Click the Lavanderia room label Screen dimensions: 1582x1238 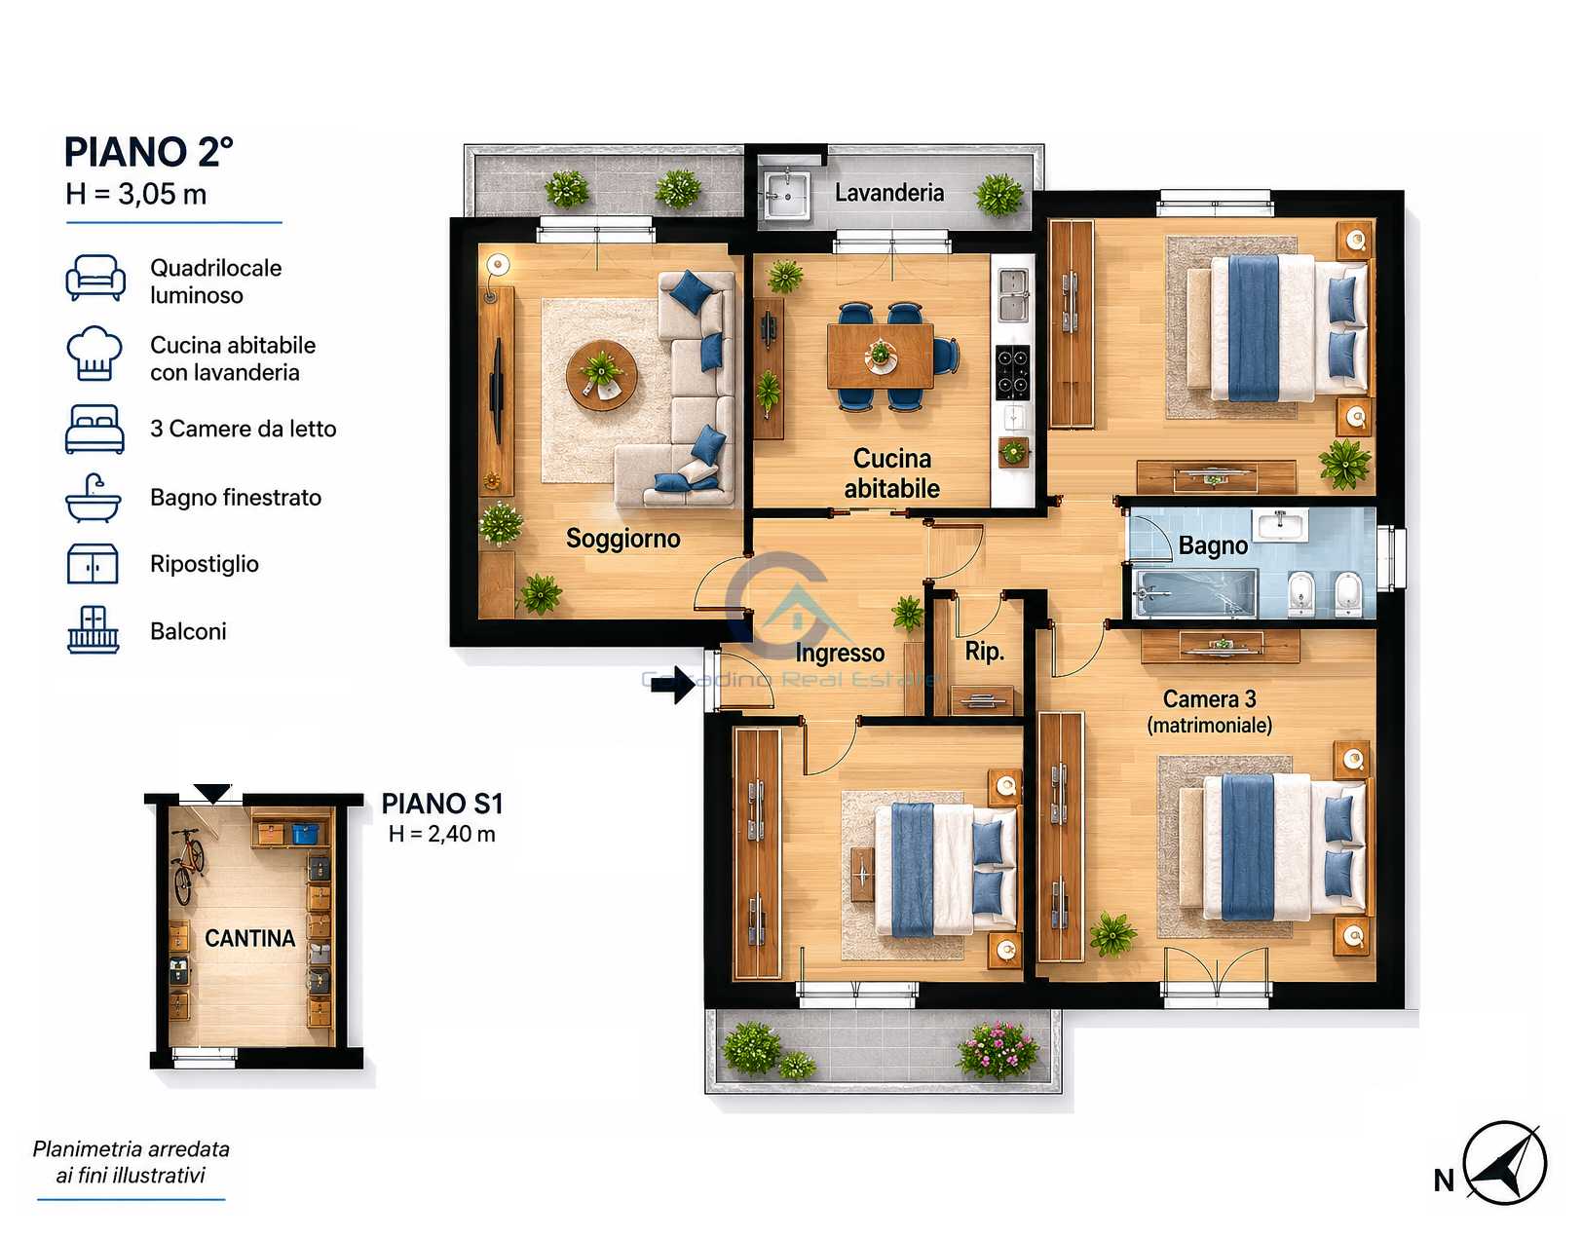tap(889, 193)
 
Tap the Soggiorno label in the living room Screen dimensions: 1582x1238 tap(623, 539)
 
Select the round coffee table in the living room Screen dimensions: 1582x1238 tap(601, 376)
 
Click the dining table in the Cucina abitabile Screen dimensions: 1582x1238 tap(881, 356)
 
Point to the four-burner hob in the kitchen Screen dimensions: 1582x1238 tap(1013, 372)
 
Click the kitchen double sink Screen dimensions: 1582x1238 tap(1013, 295)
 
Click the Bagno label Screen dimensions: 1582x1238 tap(1213, 545)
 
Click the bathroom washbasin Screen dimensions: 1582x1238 tap(1279, 524)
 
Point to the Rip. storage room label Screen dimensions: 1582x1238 tap(984, 652)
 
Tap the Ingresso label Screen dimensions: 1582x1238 tap(840, 653)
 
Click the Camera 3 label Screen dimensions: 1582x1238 tap(1209, 698)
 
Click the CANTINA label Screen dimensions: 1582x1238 tap(249, 938)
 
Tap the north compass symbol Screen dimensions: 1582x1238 tap(1504, 1162)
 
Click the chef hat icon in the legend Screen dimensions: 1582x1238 tap(94, 353)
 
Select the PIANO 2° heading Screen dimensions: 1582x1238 tap(149, 153)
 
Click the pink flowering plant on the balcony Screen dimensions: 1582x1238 tap(998, 1049)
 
